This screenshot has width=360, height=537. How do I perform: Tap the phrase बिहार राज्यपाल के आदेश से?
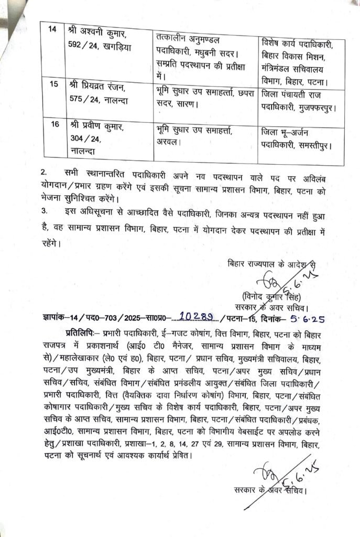coord(271,262)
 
